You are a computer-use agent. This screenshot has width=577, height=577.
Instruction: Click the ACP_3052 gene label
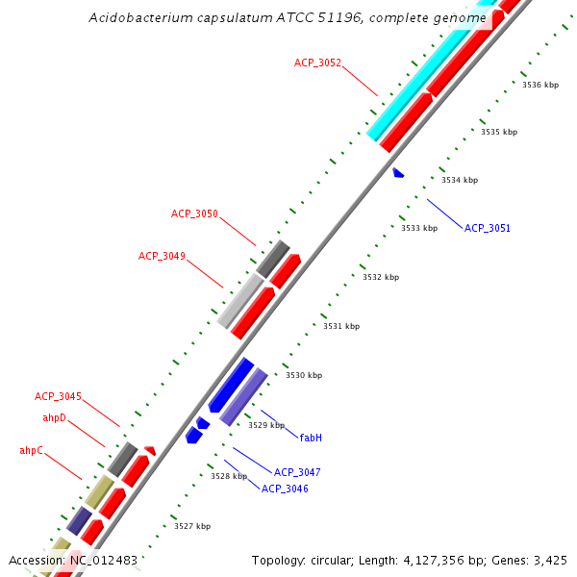point(317,63)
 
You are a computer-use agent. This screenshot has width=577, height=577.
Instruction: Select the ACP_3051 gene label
point(488,229)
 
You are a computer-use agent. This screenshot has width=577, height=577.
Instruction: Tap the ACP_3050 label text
point(194,213)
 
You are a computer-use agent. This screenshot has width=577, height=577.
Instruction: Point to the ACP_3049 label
point(162,256)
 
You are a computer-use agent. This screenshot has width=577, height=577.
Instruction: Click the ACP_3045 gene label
point(58,396)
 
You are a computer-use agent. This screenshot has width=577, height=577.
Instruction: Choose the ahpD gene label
point(55,417)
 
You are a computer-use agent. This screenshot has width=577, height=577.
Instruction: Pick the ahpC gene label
point(31,450)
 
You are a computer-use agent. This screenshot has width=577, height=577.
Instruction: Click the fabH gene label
point(310,438)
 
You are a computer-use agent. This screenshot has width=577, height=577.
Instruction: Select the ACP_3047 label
point(297,472)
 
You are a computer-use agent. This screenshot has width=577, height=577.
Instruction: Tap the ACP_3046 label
point(285,489)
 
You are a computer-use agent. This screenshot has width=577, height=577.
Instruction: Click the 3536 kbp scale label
point(540,85)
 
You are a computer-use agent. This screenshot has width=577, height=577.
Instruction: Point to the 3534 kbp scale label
point(460,180)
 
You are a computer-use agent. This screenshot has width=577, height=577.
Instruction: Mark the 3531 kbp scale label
point(341,326)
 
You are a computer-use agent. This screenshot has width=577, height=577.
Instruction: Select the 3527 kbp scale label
point(192,526)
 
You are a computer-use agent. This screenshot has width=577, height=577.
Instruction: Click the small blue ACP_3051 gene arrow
point(398,173)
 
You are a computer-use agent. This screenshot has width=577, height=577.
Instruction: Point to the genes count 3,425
point(551,560)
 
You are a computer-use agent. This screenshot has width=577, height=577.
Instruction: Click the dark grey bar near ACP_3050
point(273,257)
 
